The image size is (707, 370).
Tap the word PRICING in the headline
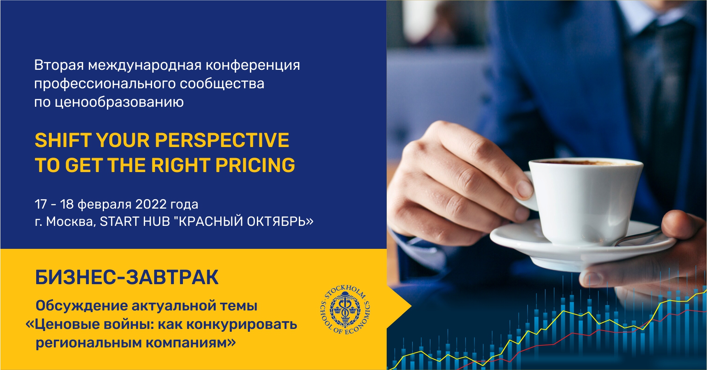pos(255,165)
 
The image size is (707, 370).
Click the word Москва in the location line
pos(71,221)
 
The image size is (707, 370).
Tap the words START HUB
pos(135,221)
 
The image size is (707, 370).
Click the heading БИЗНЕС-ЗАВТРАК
pos(127,277)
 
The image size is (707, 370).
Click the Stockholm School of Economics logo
pos(345,309)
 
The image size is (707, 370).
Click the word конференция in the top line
pos(253,65)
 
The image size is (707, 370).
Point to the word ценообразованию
pos(119,102)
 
